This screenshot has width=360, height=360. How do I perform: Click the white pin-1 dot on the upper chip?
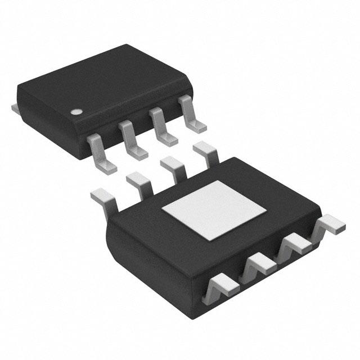(75, 111)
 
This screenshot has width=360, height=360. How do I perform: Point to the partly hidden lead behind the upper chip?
(15, 107)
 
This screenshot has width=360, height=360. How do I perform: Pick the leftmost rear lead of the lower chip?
(105, 199)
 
